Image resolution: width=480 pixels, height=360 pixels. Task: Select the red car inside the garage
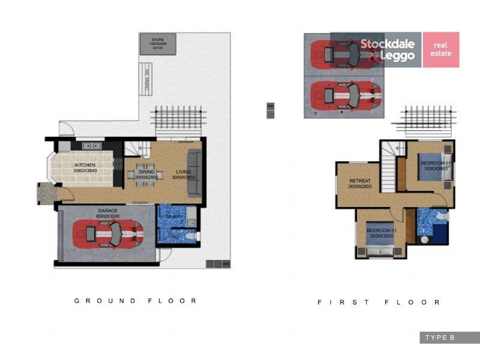pos(108,234)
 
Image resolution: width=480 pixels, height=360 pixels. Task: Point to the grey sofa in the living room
pos(194,174)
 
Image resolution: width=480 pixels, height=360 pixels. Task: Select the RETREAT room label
pos(359,184)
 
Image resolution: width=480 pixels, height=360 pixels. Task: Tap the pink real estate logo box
pos(441,49)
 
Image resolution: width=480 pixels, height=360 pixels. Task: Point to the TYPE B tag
pos(440,338)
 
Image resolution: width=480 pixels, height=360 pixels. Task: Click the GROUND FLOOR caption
pos(136,301)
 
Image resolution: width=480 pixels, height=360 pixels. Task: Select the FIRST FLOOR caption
pos(379,302)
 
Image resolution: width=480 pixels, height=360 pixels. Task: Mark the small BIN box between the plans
pos(270,110)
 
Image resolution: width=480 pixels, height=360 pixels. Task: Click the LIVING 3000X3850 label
pos(184,174)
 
